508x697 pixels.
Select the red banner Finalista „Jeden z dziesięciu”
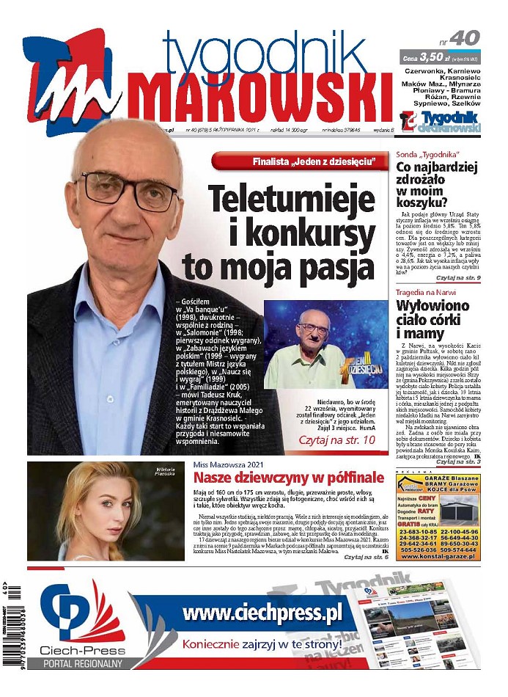(298, 161)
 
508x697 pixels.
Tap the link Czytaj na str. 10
(336, 440)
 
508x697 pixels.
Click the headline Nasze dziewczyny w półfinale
(289, 481)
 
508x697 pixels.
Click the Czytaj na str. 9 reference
(457, 279)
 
